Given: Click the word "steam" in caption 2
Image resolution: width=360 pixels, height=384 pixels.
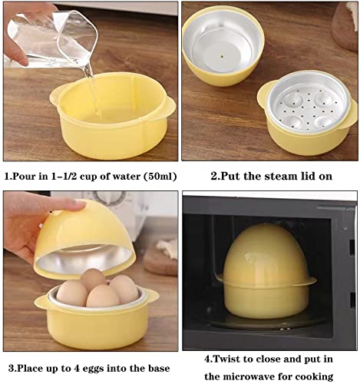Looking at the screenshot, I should point(272,176).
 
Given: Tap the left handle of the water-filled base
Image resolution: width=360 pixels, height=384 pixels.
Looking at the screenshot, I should point(56,98).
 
